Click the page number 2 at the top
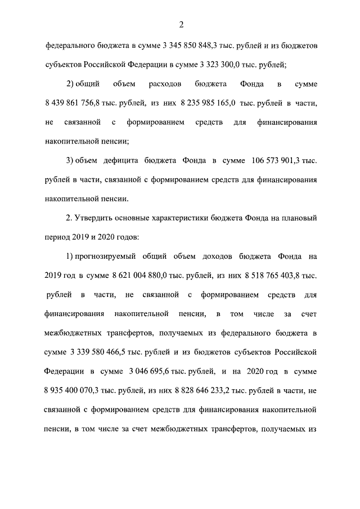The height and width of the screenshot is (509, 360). [181, 24]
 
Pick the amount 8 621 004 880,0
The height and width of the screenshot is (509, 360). [144, 275]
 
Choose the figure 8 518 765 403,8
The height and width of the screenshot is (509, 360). [271, 275]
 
